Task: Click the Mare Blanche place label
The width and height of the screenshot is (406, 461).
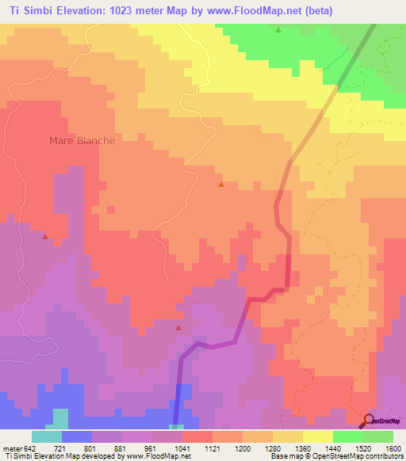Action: tap(82, 140)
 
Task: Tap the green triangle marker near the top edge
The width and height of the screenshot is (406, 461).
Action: tap(278, 30)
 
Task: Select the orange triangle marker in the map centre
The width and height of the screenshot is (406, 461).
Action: tap(220, 185)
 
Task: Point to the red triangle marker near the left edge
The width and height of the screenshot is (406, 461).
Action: tap(45, 236)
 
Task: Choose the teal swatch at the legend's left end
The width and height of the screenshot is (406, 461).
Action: tap(47, 436)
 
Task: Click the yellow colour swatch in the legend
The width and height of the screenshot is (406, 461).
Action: tap(317, 436)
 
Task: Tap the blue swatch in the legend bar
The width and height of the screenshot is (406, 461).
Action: tap(77, 436)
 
